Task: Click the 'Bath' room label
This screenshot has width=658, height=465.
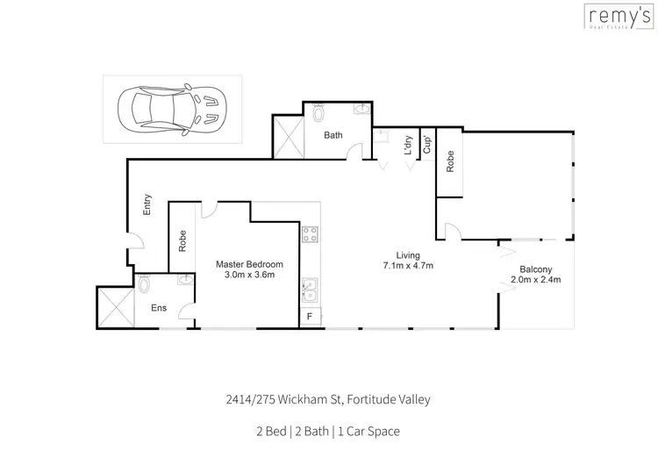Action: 333,136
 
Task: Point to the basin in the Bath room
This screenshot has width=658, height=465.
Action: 361,110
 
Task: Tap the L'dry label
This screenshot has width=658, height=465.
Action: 407,145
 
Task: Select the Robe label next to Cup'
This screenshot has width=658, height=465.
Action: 450,161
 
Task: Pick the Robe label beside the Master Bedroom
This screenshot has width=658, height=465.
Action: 182,240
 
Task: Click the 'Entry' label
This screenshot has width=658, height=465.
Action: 148,204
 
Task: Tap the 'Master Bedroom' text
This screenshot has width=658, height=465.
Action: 250,264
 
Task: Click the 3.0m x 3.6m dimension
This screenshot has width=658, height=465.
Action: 250,275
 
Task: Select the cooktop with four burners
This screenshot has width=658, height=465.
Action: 310,234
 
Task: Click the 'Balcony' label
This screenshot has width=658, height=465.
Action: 534,269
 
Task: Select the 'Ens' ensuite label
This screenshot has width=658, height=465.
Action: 159,308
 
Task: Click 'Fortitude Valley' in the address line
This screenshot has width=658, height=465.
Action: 389,400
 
